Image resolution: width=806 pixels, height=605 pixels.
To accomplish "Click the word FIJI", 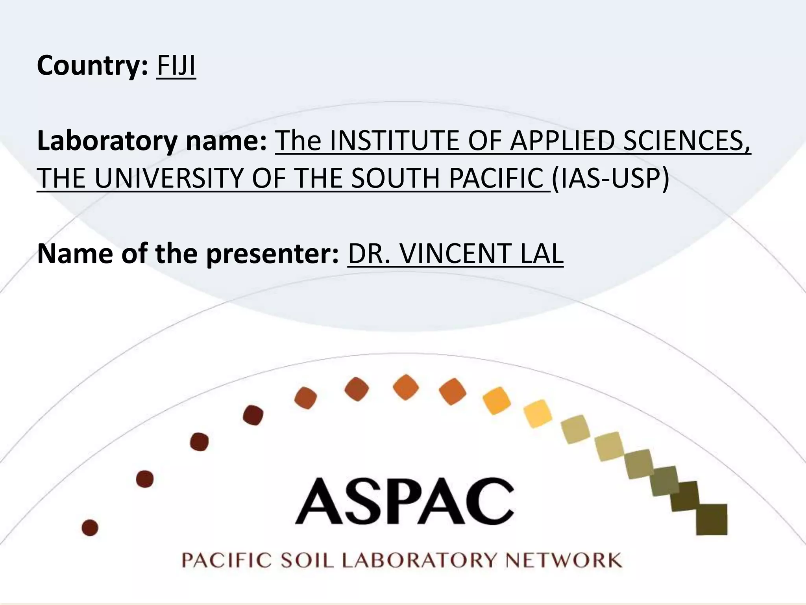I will [x=176, y=66].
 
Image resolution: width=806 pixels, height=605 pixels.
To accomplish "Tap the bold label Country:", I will [x=92, y=66].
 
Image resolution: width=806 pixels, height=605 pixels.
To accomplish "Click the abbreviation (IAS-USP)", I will [x=610, y=178].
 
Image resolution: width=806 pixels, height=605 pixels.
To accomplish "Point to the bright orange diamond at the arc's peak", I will [x=406, y=387].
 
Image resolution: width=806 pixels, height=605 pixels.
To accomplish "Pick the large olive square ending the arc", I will [x=711, y=519].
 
